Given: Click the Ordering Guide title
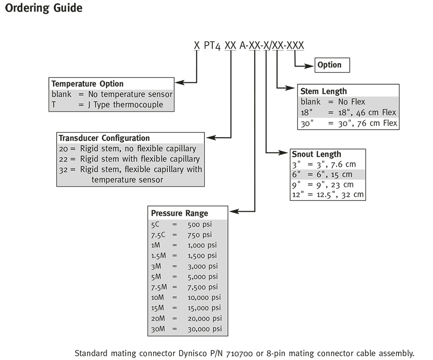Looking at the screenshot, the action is tap(44, 8).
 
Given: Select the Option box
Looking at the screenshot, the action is tap(332, 65).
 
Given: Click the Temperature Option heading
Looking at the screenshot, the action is tap(87, 84).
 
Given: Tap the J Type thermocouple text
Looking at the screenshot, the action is tap(125, 105).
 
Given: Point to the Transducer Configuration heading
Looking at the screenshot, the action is tap(104, 138).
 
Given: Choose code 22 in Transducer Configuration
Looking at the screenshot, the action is tap(63, 159).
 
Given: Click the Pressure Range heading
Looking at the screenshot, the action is tap(180, 213).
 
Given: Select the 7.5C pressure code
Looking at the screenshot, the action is tap(158, 235).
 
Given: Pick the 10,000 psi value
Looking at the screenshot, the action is tap(204, 297).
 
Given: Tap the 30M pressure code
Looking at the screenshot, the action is tap(158, 329).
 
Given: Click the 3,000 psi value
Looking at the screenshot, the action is tap(203, 266).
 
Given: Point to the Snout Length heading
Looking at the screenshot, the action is tap(317, 154).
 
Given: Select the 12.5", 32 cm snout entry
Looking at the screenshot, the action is tap(340, 195).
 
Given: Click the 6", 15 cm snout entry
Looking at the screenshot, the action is tap(334, 174).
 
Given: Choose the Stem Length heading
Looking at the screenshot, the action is tap(324, 91).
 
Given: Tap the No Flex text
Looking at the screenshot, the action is tap(352, 102).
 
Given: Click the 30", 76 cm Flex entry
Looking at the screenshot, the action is tap(367, 123).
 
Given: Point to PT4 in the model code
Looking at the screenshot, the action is tap(212, 46).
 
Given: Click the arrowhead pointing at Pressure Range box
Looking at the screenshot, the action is tap(234, 212).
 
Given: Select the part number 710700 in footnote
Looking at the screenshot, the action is tap(239, 353).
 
